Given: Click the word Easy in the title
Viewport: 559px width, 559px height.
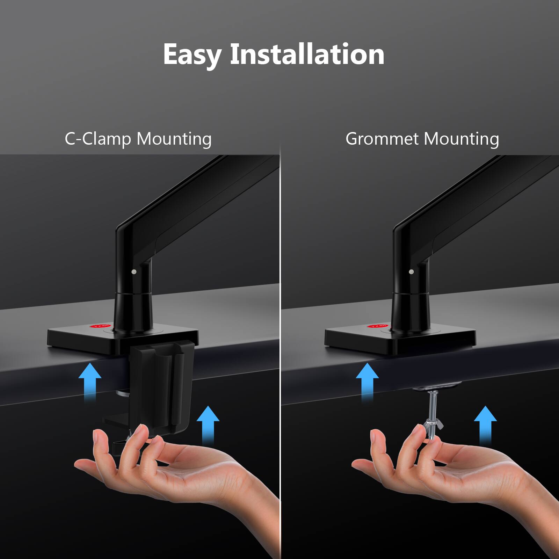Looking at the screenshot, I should [192, 55].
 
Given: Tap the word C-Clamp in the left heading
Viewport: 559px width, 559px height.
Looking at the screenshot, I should [97, 139].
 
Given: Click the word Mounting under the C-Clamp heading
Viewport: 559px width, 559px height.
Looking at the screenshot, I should [174, 139].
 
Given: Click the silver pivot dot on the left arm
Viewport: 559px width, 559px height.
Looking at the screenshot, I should [134, 271].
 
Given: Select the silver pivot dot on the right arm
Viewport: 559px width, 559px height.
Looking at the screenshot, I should [411, 271].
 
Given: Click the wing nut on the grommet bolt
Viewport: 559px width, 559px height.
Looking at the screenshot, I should [431, 426].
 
